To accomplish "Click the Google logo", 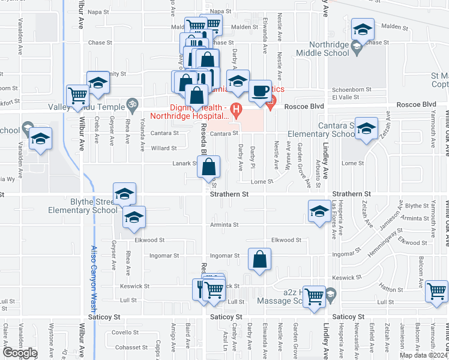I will pos(19,353).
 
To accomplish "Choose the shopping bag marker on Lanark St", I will pos(208,167).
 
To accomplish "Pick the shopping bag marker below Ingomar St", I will pos(259,260).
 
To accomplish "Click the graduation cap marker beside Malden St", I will pos(363,29).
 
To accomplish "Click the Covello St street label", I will pos(125,332).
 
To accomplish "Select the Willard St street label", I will pos(164,148).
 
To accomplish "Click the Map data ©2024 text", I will pos(423,355).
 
